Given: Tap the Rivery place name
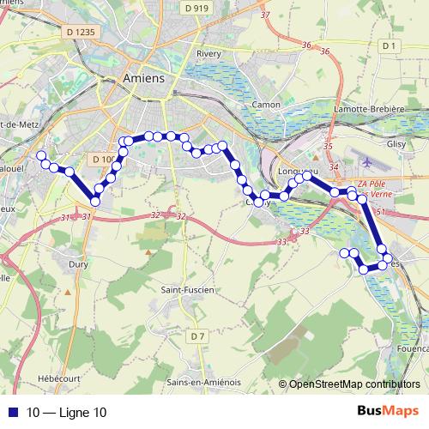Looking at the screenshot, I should pos(209,53).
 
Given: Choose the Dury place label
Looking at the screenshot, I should pos(79,266).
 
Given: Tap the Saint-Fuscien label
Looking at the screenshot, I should pos(190,291).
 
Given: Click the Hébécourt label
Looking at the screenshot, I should pos(58,378).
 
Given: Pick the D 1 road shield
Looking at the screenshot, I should pos(389,45).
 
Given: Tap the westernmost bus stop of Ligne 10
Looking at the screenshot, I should pos(40,156).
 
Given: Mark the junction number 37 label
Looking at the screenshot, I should pos(264,15).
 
